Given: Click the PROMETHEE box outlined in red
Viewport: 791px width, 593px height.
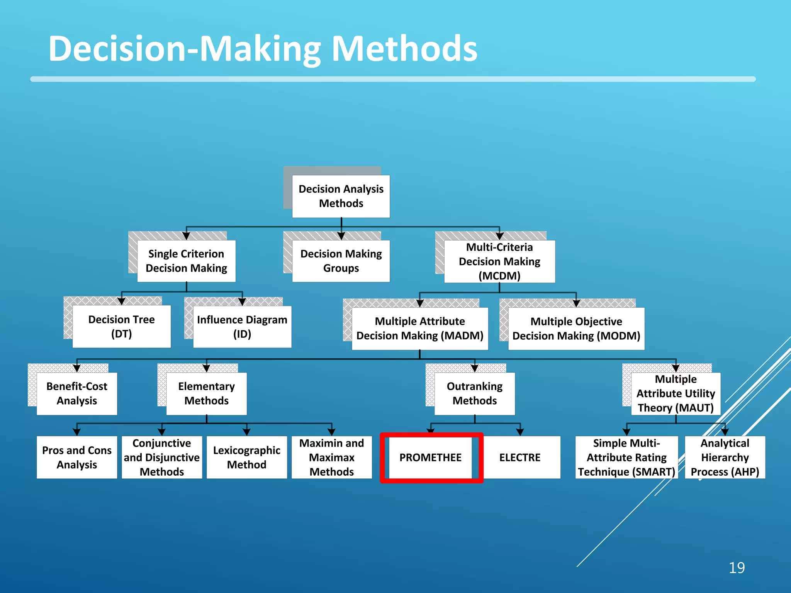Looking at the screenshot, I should (431, 457).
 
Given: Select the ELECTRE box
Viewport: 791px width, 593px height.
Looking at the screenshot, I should (520, 457).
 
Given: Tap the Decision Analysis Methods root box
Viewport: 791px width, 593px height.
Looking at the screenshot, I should (341, 196).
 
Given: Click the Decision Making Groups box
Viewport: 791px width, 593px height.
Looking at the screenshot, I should (341, 261).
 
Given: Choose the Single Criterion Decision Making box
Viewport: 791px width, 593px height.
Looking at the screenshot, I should (186, 261).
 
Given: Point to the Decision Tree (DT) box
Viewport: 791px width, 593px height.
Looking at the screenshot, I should (121, 327).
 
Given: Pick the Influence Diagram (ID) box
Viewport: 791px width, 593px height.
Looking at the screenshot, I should (242, 327).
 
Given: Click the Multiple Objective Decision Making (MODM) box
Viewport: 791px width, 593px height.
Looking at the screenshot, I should (576, 329).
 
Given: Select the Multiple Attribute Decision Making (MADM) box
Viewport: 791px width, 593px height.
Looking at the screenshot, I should (420, 329).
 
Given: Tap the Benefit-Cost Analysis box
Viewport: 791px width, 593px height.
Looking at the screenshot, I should (77, 393).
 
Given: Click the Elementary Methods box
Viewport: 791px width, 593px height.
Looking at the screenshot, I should (206, 393).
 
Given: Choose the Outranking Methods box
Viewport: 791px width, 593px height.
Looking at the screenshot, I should (475, 393).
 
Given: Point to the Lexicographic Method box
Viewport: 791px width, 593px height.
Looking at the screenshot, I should (247, 457).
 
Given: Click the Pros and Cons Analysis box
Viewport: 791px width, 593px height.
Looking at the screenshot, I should (77, 457).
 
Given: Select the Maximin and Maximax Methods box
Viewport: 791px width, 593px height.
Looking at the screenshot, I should (331, 457).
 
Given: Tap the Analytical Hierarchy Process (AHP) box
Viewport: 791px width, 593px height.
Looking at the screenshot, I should (725, 457).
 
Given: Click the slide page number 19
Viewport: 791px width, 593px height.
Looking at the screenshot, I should (737, 568).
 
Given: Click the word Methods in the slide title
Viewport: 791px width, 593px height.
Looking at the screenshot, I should (404, 49).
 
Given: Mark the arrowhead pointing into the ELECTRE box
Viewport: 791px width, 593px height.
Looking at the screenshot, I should (520, 432).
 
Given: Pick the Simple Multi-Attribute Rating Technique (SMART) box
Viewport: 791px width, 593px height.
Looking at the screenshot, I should (626, 457).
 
